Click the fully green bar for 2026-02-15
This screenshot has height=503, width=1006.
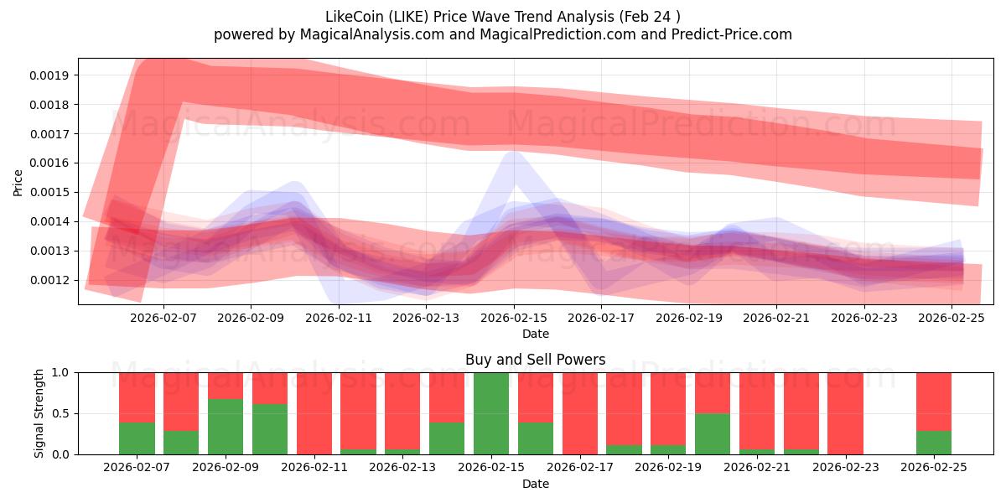point(491,413)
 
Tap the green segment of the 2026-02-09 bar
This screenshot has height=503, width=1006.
point(226,427)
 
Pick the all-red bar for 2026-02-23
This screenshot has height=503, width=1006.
point(845,413)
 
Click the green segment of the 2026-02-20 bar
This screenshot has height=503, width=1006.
point(713,433)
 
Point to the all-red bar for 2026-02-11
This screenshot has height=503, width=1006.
point(314,413)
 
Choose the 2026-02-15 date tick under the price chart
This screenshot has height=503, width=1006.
point(514,318)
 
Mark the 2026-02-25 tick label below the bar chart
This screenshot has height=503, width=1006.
point(933,467)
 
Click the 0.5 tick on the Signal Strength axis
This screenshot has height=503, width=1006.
point(64,413)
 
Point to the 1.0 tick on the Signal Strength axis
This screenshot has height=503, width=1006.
point(64,372)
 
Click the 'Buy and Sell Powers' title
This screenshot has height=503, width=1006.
point(535,360)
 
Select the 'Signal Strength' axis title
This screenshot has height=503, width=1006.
point(39,413)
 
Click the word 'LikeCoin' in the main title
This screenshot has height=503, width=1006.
point(350,16)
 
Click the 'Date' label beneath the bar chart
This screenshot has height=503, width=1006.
point(535,484)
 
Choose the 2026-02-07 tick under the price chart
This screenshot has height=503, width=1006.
point(163,318)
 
